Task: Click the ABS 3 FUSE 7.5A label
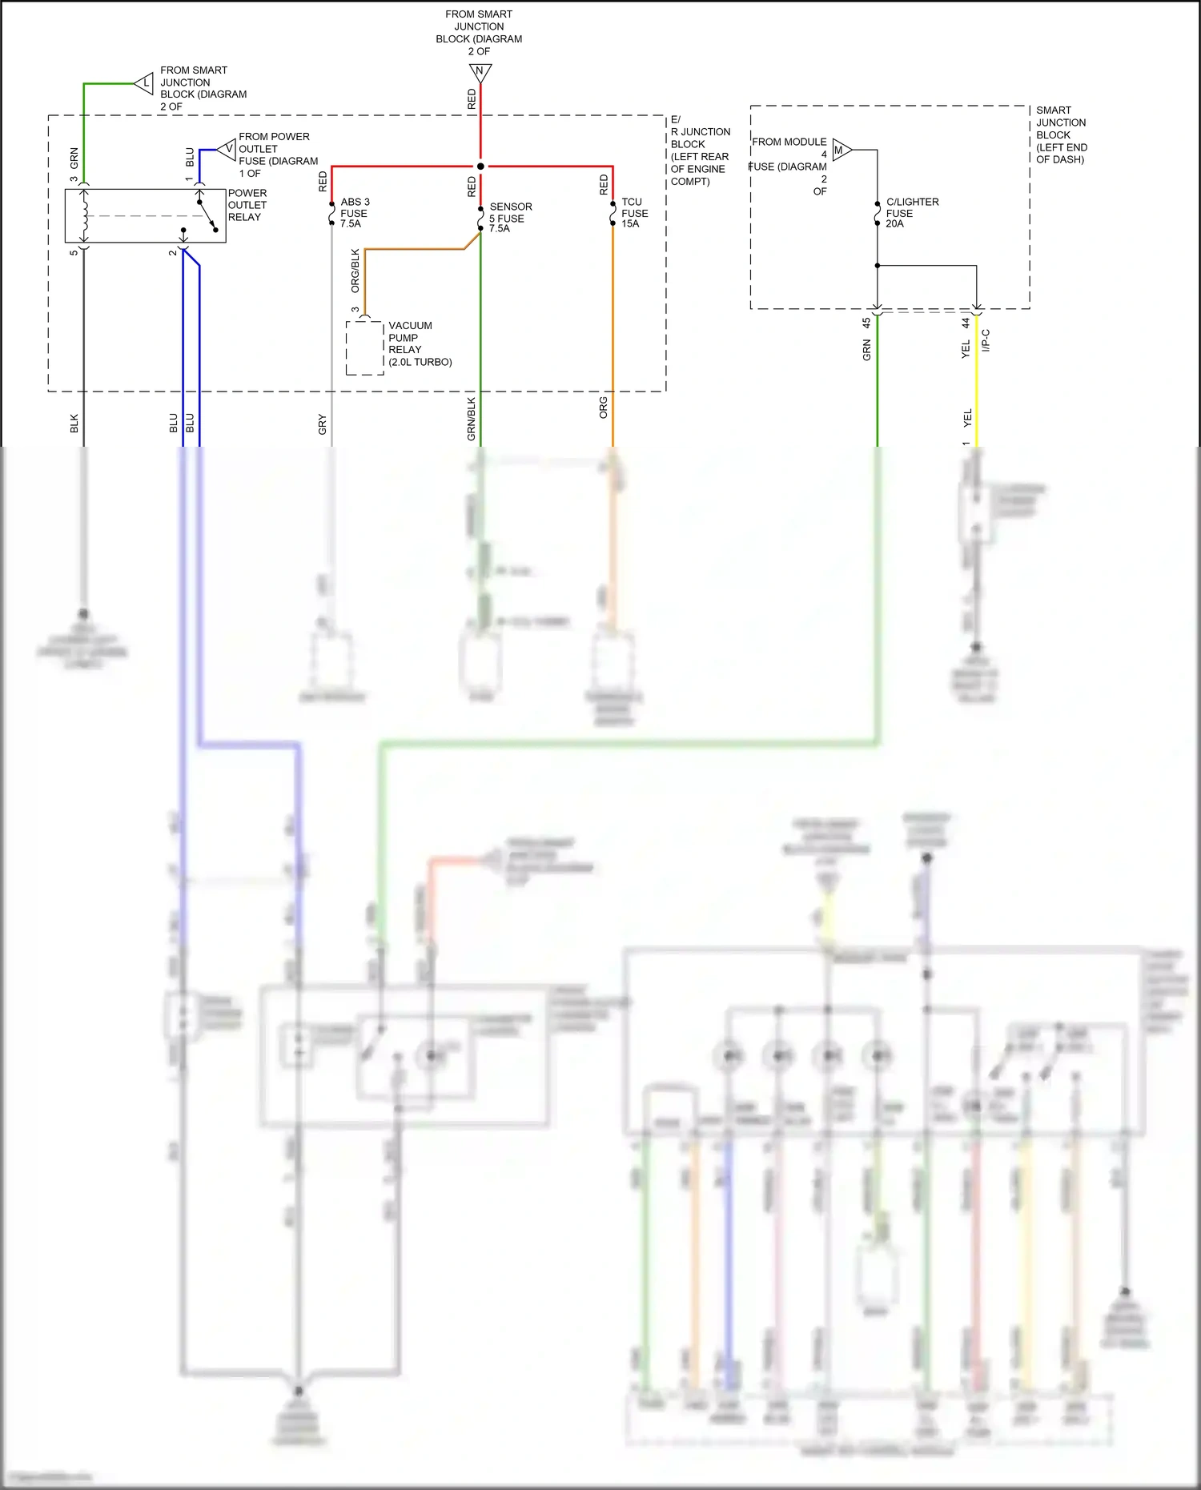click(x=354, y=213)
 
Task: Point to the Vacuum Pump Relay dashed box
click(x=365, y=348)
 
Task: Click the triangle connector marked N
click(x=480, y=73)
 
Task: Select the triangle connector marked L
click(x=144, y=82)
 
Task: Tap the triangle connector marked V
click(x=227, y=149)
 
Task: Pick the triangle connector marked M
click(x=841, y=150)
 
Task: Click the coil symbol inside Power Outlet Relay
click(x=84, y=215)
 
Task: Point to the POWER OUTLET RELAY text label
click(x=247, y=205)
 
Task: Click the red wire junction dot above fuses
click(x=480, y=167)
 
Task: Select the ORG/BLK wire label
click(x=355, y=271)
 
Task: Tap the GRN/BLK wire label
click(x=472, y=419)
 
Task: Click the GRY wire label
click(x=322, y=424)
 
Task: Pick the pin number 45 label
click(x=866, y=323)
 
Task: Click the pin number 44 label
click(x=966, y=323)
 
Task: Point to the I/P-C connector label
click(x=986, y=340)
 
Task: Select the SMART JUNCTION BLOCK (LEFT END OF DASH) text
click(x=1061, y=135)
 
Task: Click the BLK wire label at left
click(x=74, y=424)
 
